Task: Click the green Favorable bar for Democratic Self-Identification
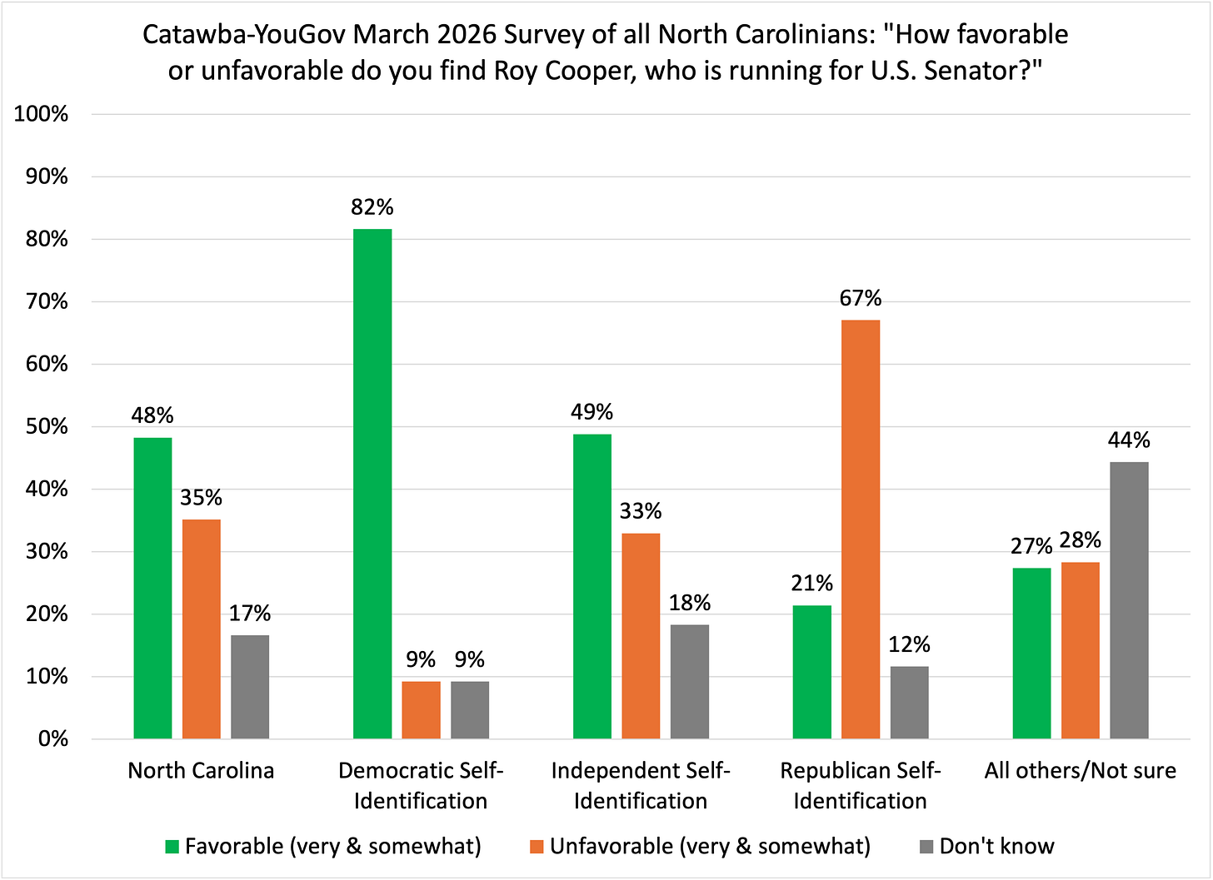coord(372,484)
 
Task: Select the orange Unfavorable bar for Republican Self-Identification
coord(861,529)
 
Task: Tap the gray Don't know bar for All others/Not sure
coord(1129,600)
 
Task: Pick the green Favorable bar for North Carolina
coord(152,588)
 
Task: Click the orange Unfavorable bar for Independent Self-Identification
coord(641,636)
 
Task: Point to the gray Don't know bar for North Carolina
coord(250,687)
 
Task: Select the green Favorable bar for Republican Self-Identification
coord(811,672)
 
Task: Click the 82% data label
coord(372,207)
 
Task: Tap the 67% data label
coord(861,298)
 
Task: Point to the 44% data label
coord(1129,440)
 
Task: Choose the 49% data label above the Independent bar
coord(592,412)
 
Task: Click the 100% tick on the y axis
coord(41,115)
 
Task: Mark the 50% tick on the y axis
coord(45,427)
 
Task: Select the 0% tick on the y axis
coord(52,739)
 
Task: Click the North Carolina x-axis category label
coord(201,771)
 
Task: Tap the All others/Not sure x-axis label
coord(1080,771)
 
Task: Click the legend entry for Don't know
coord(996,847)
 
